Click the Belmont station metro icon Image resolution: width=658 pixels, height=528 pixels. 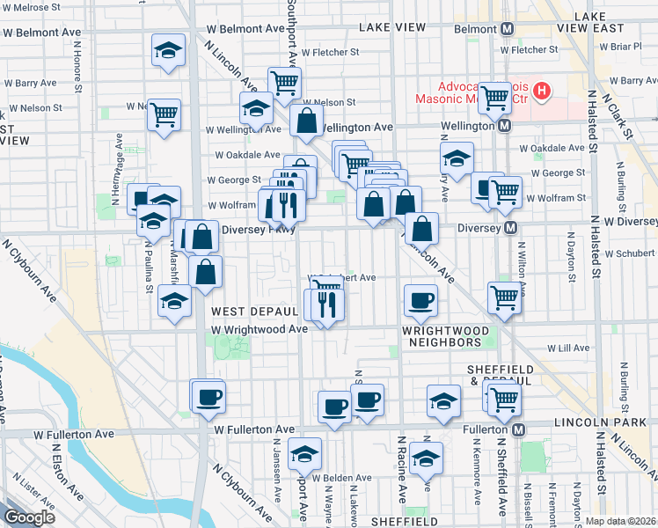508,29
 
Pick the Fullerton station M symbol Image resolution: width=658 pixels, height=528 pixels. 519,430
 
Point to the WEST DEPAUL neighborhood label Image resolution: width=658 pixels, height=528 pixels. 254,312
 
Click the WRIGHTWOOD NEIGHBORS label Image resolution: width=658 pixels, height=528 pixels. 442,334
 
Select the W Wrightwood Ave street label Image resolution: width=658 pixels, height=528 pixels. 259,328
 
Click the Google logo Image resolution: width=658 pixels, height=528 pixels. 30,517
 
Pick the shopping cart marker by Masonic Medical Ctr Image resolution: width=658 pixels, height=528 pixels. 494,97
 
